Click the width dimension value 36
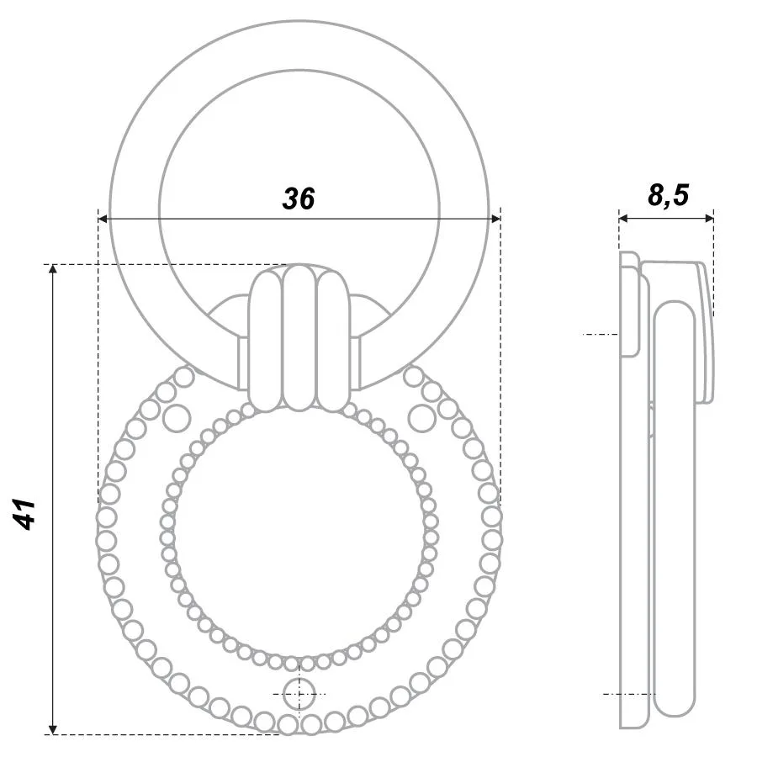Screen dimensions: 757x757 (x=298, y=199)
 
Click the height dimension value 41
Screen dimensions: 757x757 (x=26, y=513)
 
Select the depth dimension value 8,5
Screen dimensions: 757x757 (x=668, y=195)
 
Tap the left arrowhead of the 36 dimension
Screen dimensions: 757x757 (x=103, y=219)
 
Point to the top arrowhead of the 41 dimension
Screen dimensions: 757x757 (x=53, y=270)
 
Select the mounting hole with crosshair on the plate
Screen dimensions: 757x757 (x=299, y=694)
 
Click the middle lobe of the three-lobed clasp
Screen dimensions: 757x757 (x=299, y=336)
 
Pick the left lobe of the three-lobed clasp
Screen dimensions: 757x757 (x=265, y=341)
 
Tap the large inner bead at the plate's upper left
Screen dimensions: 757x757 (x=177, y=416)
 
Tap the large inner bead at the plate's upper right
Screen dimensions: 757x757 (x=420, y=416)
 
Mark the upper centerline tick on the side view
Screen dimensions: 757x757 (x=600, y=335)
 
